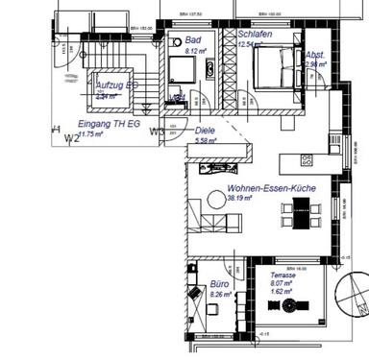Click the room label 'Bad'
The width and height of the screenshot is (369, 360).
[193, 40]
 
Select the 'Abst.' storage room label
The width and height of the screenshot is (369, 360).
[314, 56]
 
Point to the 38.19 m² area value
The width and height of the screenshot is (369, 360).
[239, 199]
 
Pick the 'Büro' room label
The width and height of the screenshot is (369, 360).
[219, 285]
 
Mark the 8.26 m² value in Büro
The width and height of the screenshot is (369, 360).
[221, 295]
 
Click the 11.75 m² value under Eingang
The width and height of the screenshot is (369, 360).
[67, 135]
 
